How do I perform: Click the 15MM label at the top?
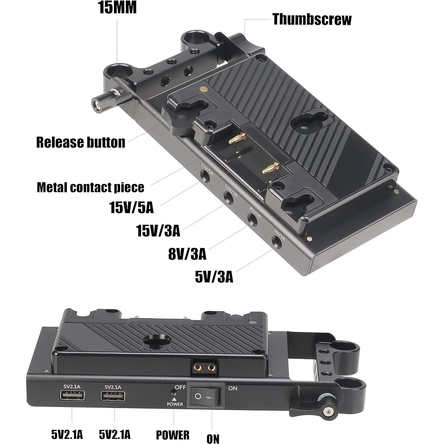point(117,8)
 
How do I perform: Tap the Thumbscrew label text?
point(312,20)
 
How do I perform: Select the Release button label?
point(81,142)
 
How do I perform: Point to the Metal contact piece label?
point(90,187)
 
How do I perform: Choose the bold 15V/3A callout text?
point(158,231)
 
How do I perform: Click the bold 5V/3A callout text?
point(214,277)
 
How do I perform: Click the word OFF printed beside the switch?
point(180,387)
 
